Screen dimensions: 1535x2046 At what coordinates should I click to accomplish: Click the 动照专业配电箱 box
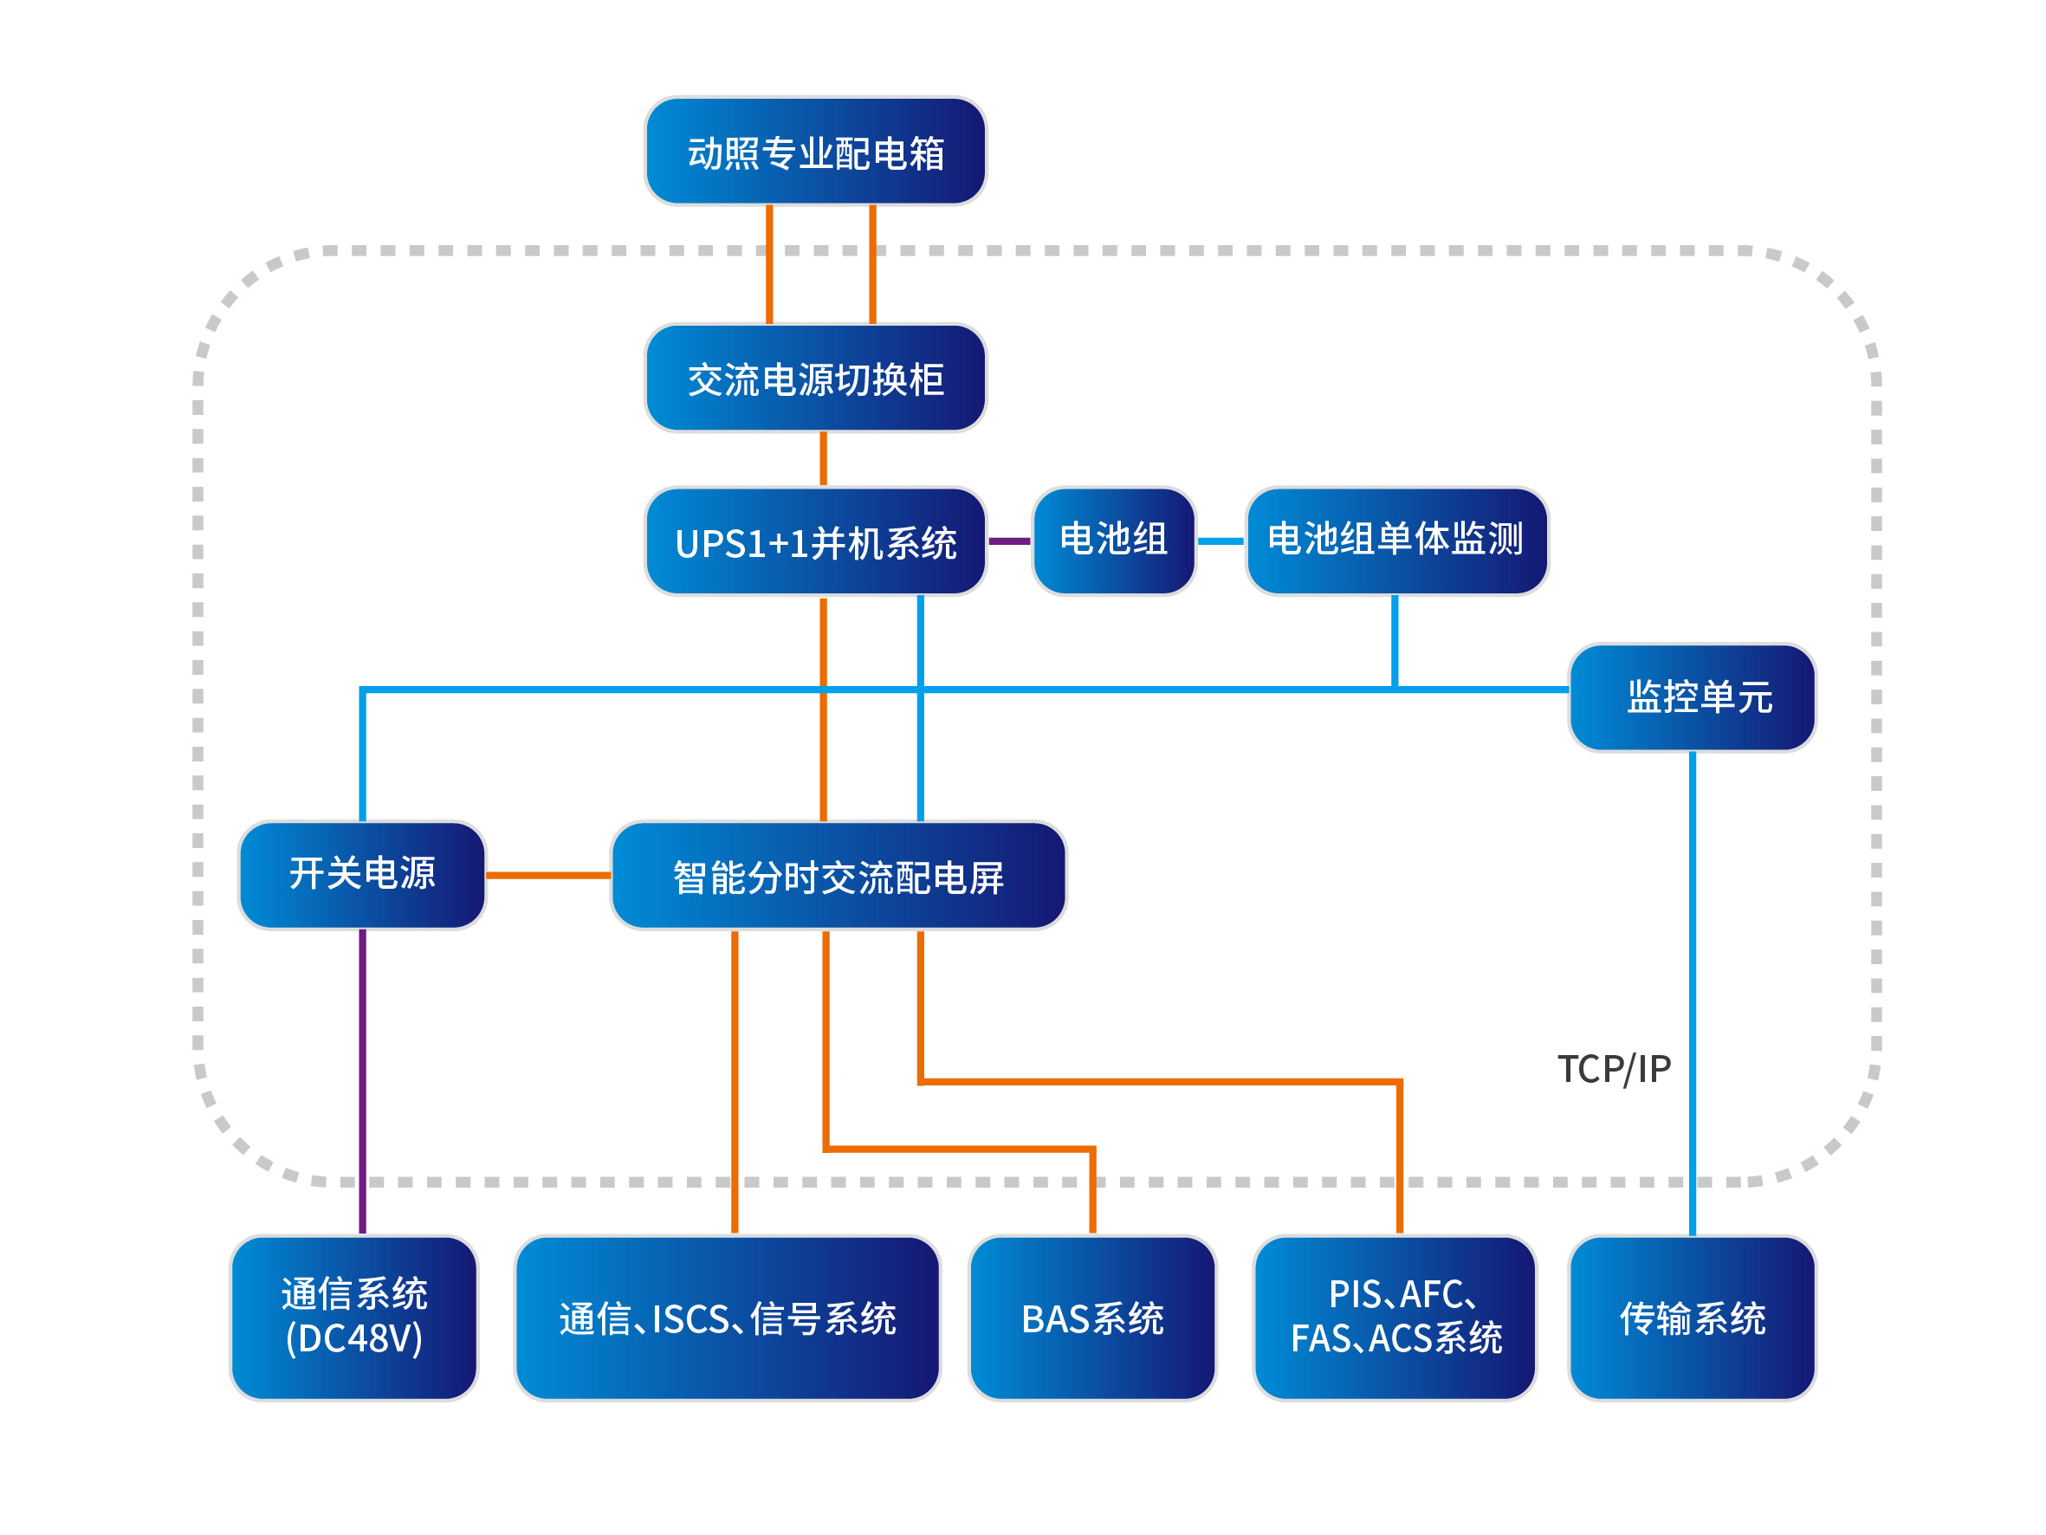tap(815, 152)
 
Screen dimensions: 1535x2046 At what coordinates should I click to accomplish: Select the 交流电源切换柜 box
tap(815, 379)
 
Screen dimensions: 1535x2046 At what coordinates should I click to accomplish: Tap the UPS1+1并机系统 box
tap(815, 542)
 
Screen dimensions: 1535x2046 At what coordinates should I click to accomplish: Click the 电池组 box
tap(1113, 541)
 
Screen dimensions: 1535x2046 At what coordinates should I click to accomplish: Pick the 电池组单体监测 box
tap(1395, 541)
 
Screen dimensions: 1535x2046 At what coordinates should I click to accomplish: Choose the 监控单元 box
tap(1692, 697)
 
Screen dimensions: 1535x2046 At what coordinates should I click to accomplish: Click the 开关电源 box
tap(362, 874)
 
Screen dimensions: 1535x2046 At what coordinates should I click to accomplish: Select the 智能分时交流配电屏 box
tap(838, 875)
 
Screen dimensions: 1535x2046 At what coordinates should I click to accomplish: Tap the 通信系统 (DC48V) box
tap(354, 1318)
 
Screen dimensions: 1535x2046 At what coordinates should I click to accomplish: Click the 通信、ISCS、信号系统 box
tap(727, 1318)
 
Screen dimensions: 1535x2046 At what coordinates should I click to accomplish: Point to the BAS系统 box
tap(1091, 1318)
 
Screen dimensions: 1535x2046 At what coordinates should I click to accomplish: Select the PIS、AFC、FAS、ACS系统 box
tap(1395, 1318)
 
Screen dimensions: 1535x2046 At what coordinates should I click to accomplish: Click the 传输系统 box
tap(1692, 1318)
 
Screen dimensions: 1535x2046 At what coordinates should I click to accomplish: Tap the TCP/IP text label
tap(1614, 1070)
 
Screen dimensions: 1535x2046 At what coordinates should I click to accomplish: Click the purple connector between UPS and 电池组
tap(1009, 541)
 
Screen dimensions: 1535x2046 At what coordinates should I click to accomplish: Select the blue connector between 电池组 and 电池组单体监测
tap(1220, 541)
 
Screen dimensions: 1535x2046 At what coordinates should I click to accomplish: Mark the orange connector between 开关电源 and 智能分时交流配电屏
tap(547, 874)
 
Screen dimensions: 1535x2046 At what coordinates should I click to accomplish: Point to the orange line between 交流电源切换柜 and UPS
tap(823, 459)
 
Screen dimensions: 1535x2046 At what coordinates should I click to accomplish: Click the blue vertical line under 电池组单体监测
tap(1395, 640)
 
